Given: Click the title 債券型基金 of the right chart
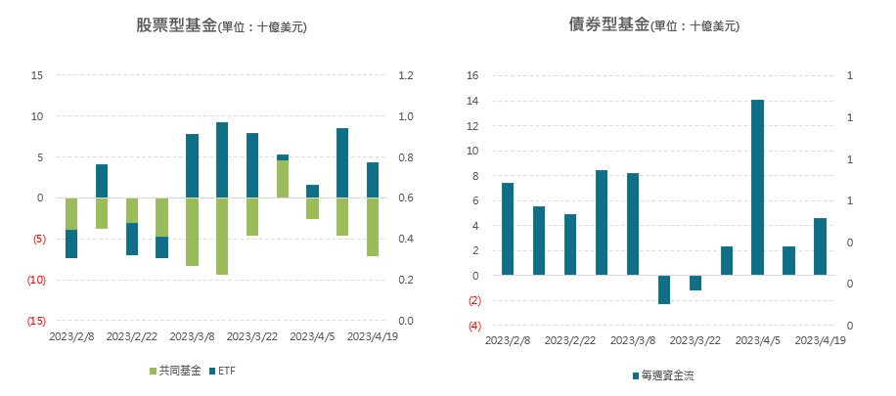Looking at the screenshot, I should coord(608,26).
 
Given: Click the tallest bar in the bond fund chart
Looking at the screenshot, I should coord(757,187).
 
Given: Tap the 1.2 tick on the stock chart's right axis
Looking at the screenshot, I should coord(406,75).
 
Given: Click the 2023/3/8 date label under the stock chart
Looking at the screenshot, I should coord(193,336).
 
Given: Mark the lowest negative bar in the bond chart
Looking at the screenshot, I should coord(664,289).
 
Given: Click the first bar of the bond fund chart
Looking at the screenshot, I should coord(508,229).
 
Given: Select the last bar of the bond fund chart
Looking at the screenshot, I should coord(820,246).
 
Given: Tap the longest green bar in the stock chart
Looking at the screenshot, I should coord(222,236).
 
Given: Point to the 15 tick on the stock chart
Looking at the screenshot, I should coord(38,75).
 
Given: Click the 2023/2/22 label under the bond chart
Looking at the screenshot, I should coord(570,340).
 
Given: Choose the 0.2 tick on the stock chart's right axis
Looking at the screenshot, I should coord(406,280).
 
